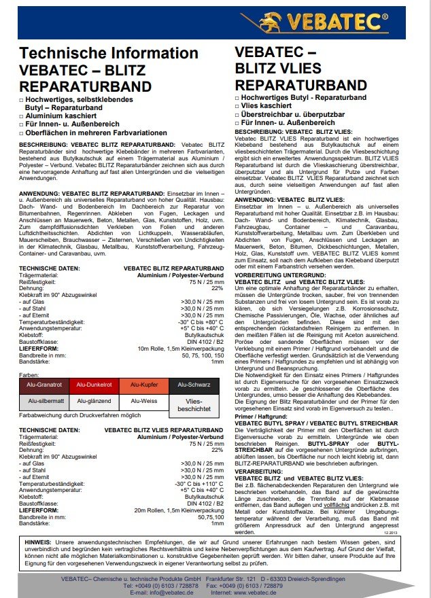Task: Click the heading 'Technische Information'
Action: [109, 54]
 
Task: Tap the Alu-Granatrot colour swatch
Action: [44, 385]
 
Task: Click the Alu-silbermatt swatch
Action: [44, 402]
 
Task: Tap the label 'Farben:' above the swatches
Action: [29, 374]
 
